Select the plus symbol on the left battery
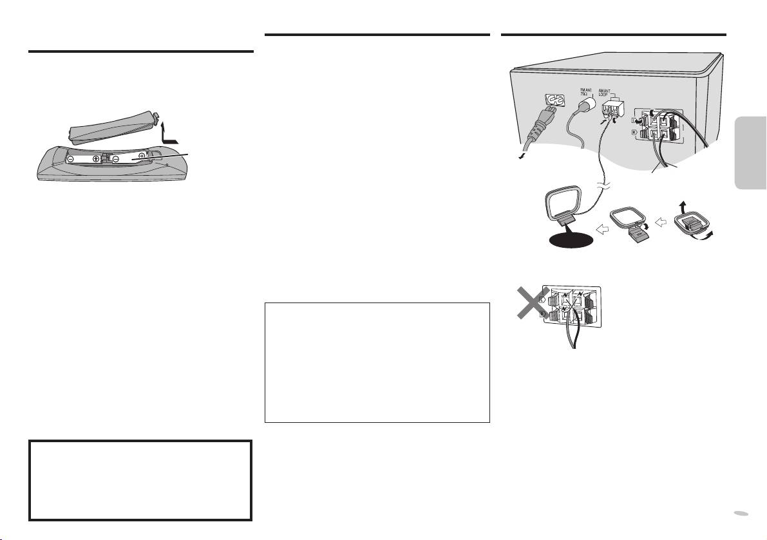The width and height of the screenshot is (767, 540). pyautogui.click(x=96, y=158)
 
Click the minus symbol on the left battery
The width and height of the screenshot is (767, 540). pyautogui.click(x=71, y=158)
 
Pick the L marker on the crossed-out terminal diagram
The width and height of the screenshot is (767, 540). pyautogui.click(x=543, y=299)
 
